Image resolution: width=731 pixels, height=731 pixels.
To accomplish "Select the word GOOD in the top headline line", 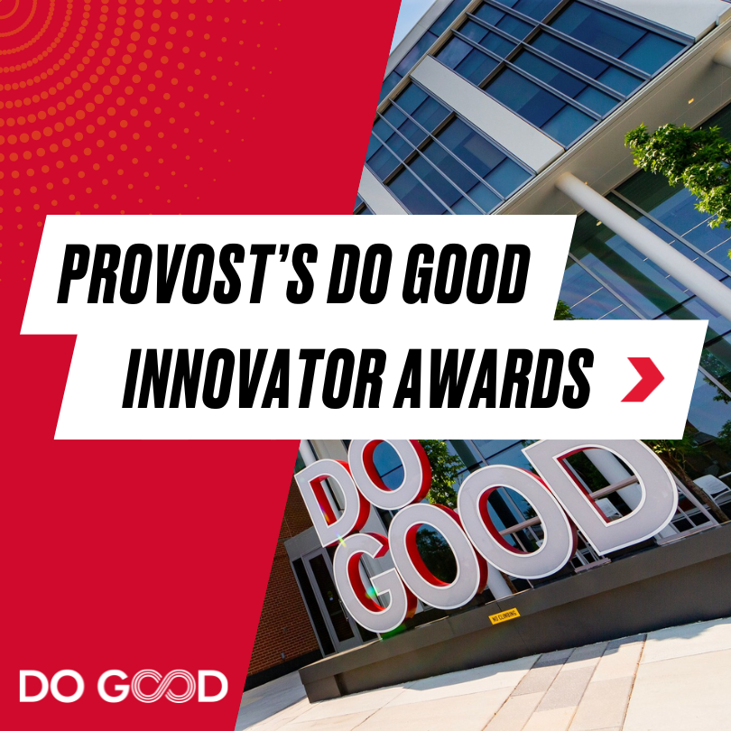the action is pyautogui.click(x=467, y=273).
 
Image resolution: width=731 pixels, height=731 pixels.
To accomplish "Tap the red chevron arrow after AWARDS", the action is pyautogui.click(x=643, y=379).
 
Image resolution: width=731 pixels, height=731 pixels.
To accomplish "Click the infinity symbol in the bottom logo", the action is pyautogui.click(x=163, y=686).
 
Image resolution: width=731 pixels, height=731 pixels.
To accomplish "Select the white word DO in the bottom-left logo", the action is pyautogui.click(x=51, y=686).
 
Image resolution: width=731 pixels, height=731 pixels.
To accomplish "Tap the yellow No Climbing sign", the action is pyautogui.click(x=504, y=615).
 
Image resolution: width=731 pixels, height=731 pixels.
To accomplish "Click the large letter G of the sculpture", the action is pyautogui.click(x=368, y=578).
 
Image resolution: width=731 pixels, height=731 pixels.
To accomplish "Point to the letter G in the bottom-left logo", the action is pyautogui.click(x=116, y=686).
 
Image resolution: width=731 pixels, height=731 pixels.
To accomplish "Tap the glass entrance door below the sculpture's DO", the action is pyautogui.click(x=317, y=601).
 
